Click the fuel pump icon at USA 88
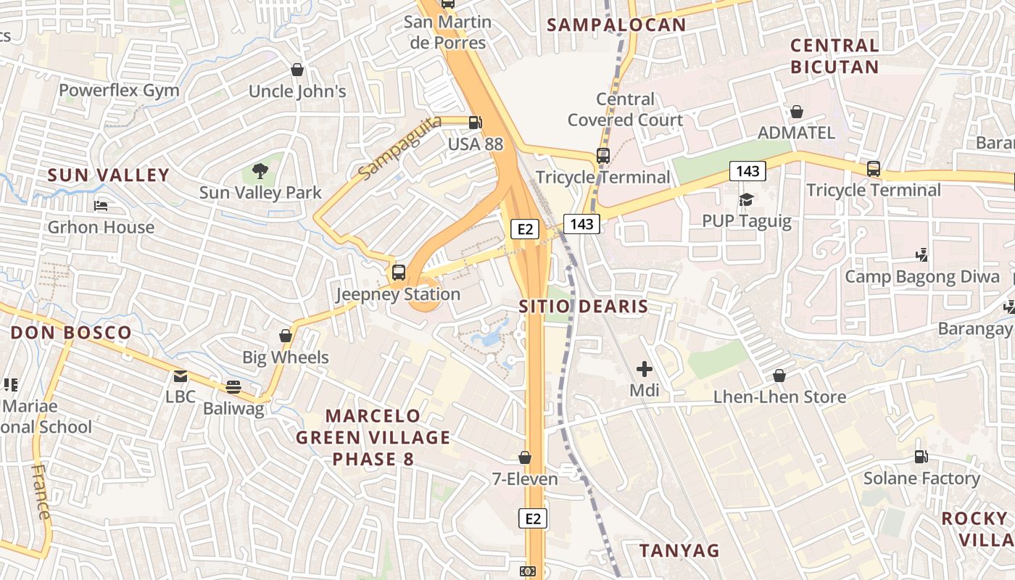(475, 123)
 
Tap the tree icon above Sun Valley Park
(260, 172)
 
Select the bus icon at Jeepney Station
(399, 273)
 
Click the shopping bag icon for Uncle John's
(297, 70)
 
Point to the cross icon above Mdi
(645, 370)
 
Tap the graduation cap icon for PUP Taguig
(746, 199)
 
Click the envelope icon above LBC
(181, 376)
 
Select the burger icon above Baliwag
(233, 386)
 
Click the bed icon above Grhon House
(101, 206)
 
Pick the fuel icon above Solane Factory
(921, 457)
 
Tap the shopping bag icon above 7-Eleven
(525, 458)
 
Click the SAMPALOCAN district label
(616, 25)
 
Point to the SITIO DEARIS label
(584, 307)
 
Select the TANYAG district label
(679, 550)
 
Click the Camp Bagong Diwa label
(922, 277)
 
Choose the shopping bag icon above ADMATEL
(796, 112)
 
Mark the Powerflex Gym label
(119, 91)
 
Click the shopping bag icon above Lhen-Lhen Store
(779, 376)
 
